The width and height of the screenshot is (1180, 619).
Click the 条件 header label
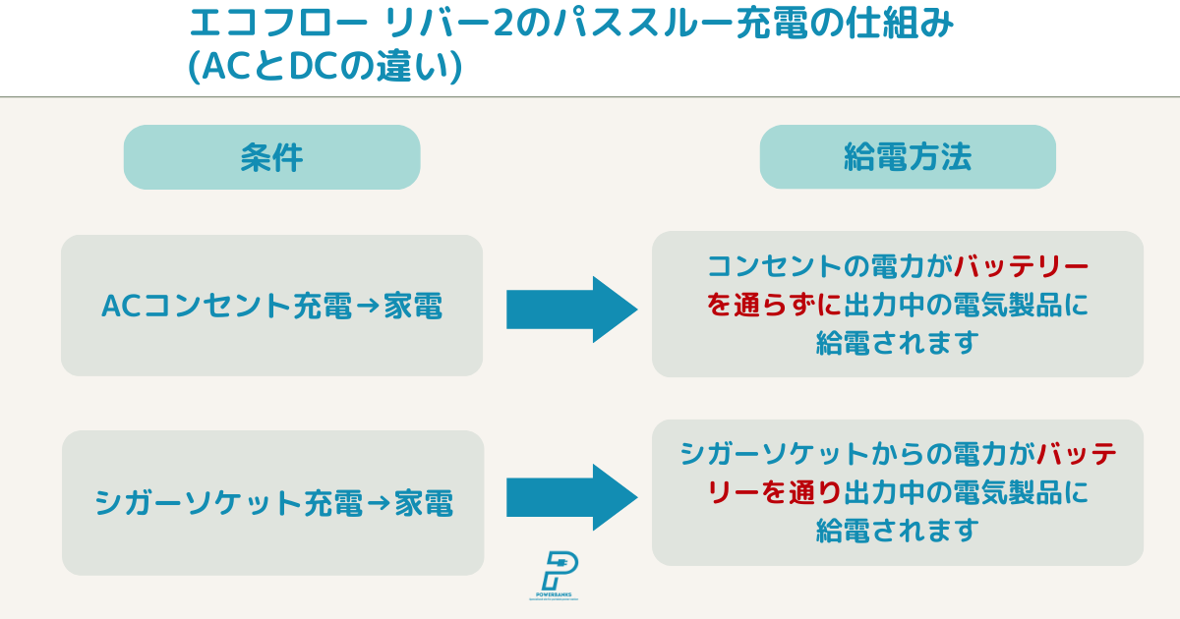[x=271, y=157]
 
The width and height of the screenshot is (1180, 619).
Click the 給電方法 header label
[x=907, y=157]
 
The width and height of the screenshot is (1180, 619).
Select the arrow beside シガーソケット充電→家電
[x=571, y=497]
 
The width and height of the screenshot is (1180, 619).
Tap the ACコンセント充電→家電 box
[x=271, y=306]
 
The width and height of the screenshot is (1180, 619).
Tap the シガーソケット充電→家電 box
[x=272, y=503]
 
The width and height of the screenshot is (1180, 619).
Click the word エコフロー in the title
[x=251, y=24]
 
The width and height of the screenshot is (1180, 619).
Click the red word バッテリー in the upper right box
[x=1022, y=267]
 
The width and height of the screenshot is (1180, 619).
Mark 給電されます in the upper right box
[x=897, y=342]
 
